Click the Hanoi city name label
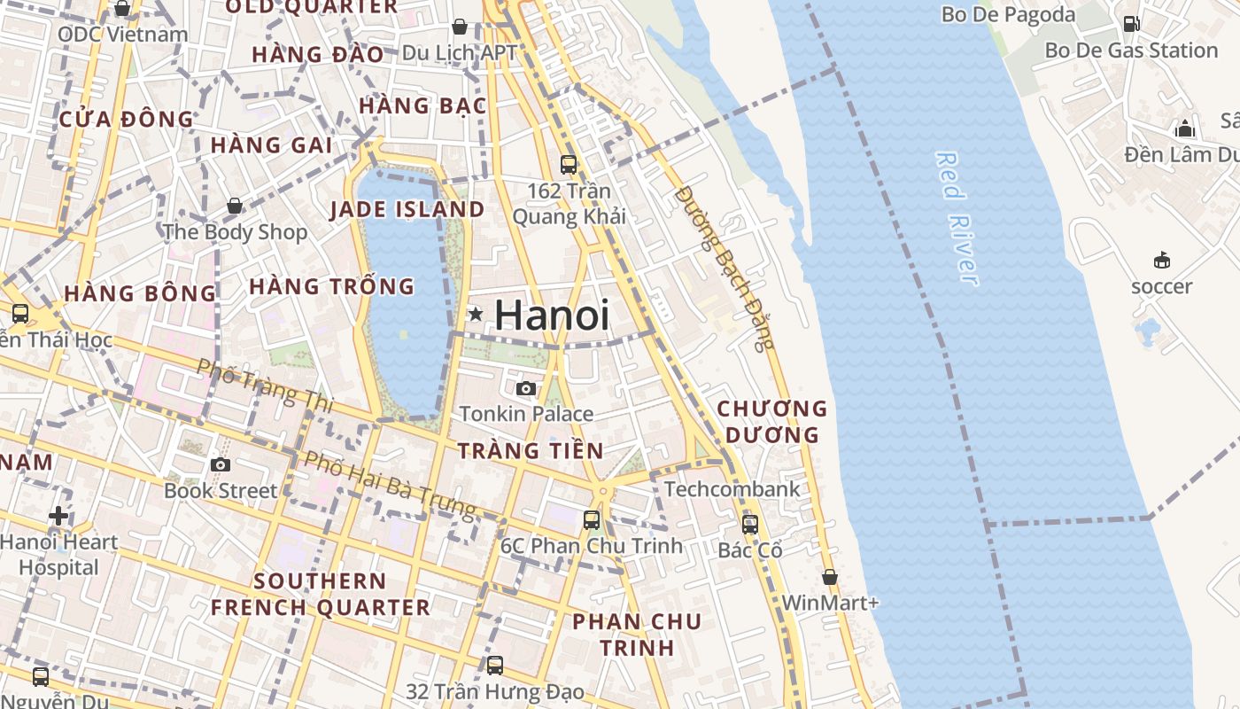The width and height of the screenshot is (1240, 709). point(551,316)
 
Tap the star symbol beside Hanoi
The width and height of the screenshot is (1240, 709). point(476,314)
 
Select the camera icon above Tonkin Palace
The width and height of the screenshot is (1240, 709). point(526,388)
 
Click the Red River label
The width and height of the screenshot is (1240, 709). point(957,218)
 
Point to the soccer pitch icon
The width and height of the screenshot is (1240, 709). point(1161,260)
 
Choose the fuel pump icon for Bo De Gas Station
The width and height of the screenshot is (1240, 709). point(1131,24)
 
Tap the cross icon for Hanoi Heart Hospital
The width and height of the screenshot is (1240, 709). point(58,515)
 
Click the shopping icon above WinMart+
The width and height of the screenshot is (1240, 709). point(829,577)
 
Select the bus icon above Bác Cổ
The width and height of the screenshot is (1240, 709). point(750,524)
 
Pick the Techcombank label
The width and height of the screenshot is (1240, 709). point(732,489)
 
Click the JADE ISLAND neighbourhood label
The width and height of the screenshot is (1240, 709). point(407,210)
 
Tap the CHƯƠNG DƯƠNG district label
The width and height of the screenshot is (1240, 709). point(771,422)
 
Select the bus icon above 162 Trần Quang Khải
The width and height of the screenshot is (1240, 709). point(569,165)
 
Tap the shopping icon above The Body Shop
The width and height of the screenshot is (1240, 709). point(235,206)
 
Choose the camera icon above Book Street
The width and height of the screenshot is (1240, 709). point(221,464)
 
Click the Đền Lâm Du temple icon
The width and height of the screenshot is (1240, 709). point(1185,129)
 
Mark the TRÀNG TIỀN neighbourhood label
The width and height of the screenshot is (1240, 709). point(531,450)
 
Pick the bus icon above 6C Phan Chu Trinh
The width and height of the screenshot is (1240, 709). point(592,520)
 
